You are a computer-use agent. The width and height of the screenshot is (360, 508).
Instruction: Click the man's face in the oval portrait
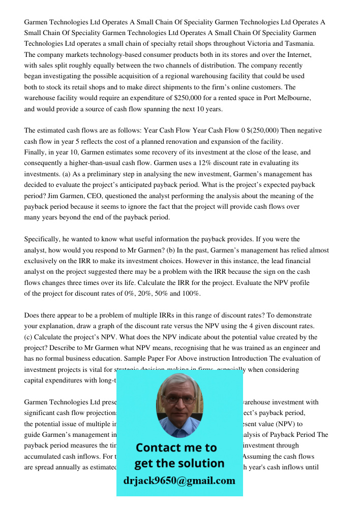(178, 401)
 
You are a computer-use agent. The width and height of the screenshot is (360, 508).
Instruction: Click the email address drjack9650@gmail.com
(179, 481)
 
